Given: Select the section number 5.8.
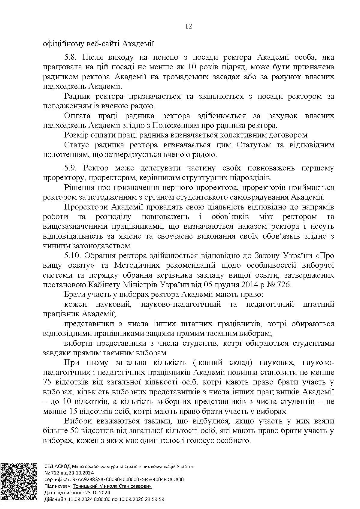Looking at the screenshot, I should [71, 57].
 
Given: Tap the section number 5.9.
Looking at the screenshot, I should [71, 168].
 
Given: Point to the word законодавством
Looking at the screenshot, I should [102, 246].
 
